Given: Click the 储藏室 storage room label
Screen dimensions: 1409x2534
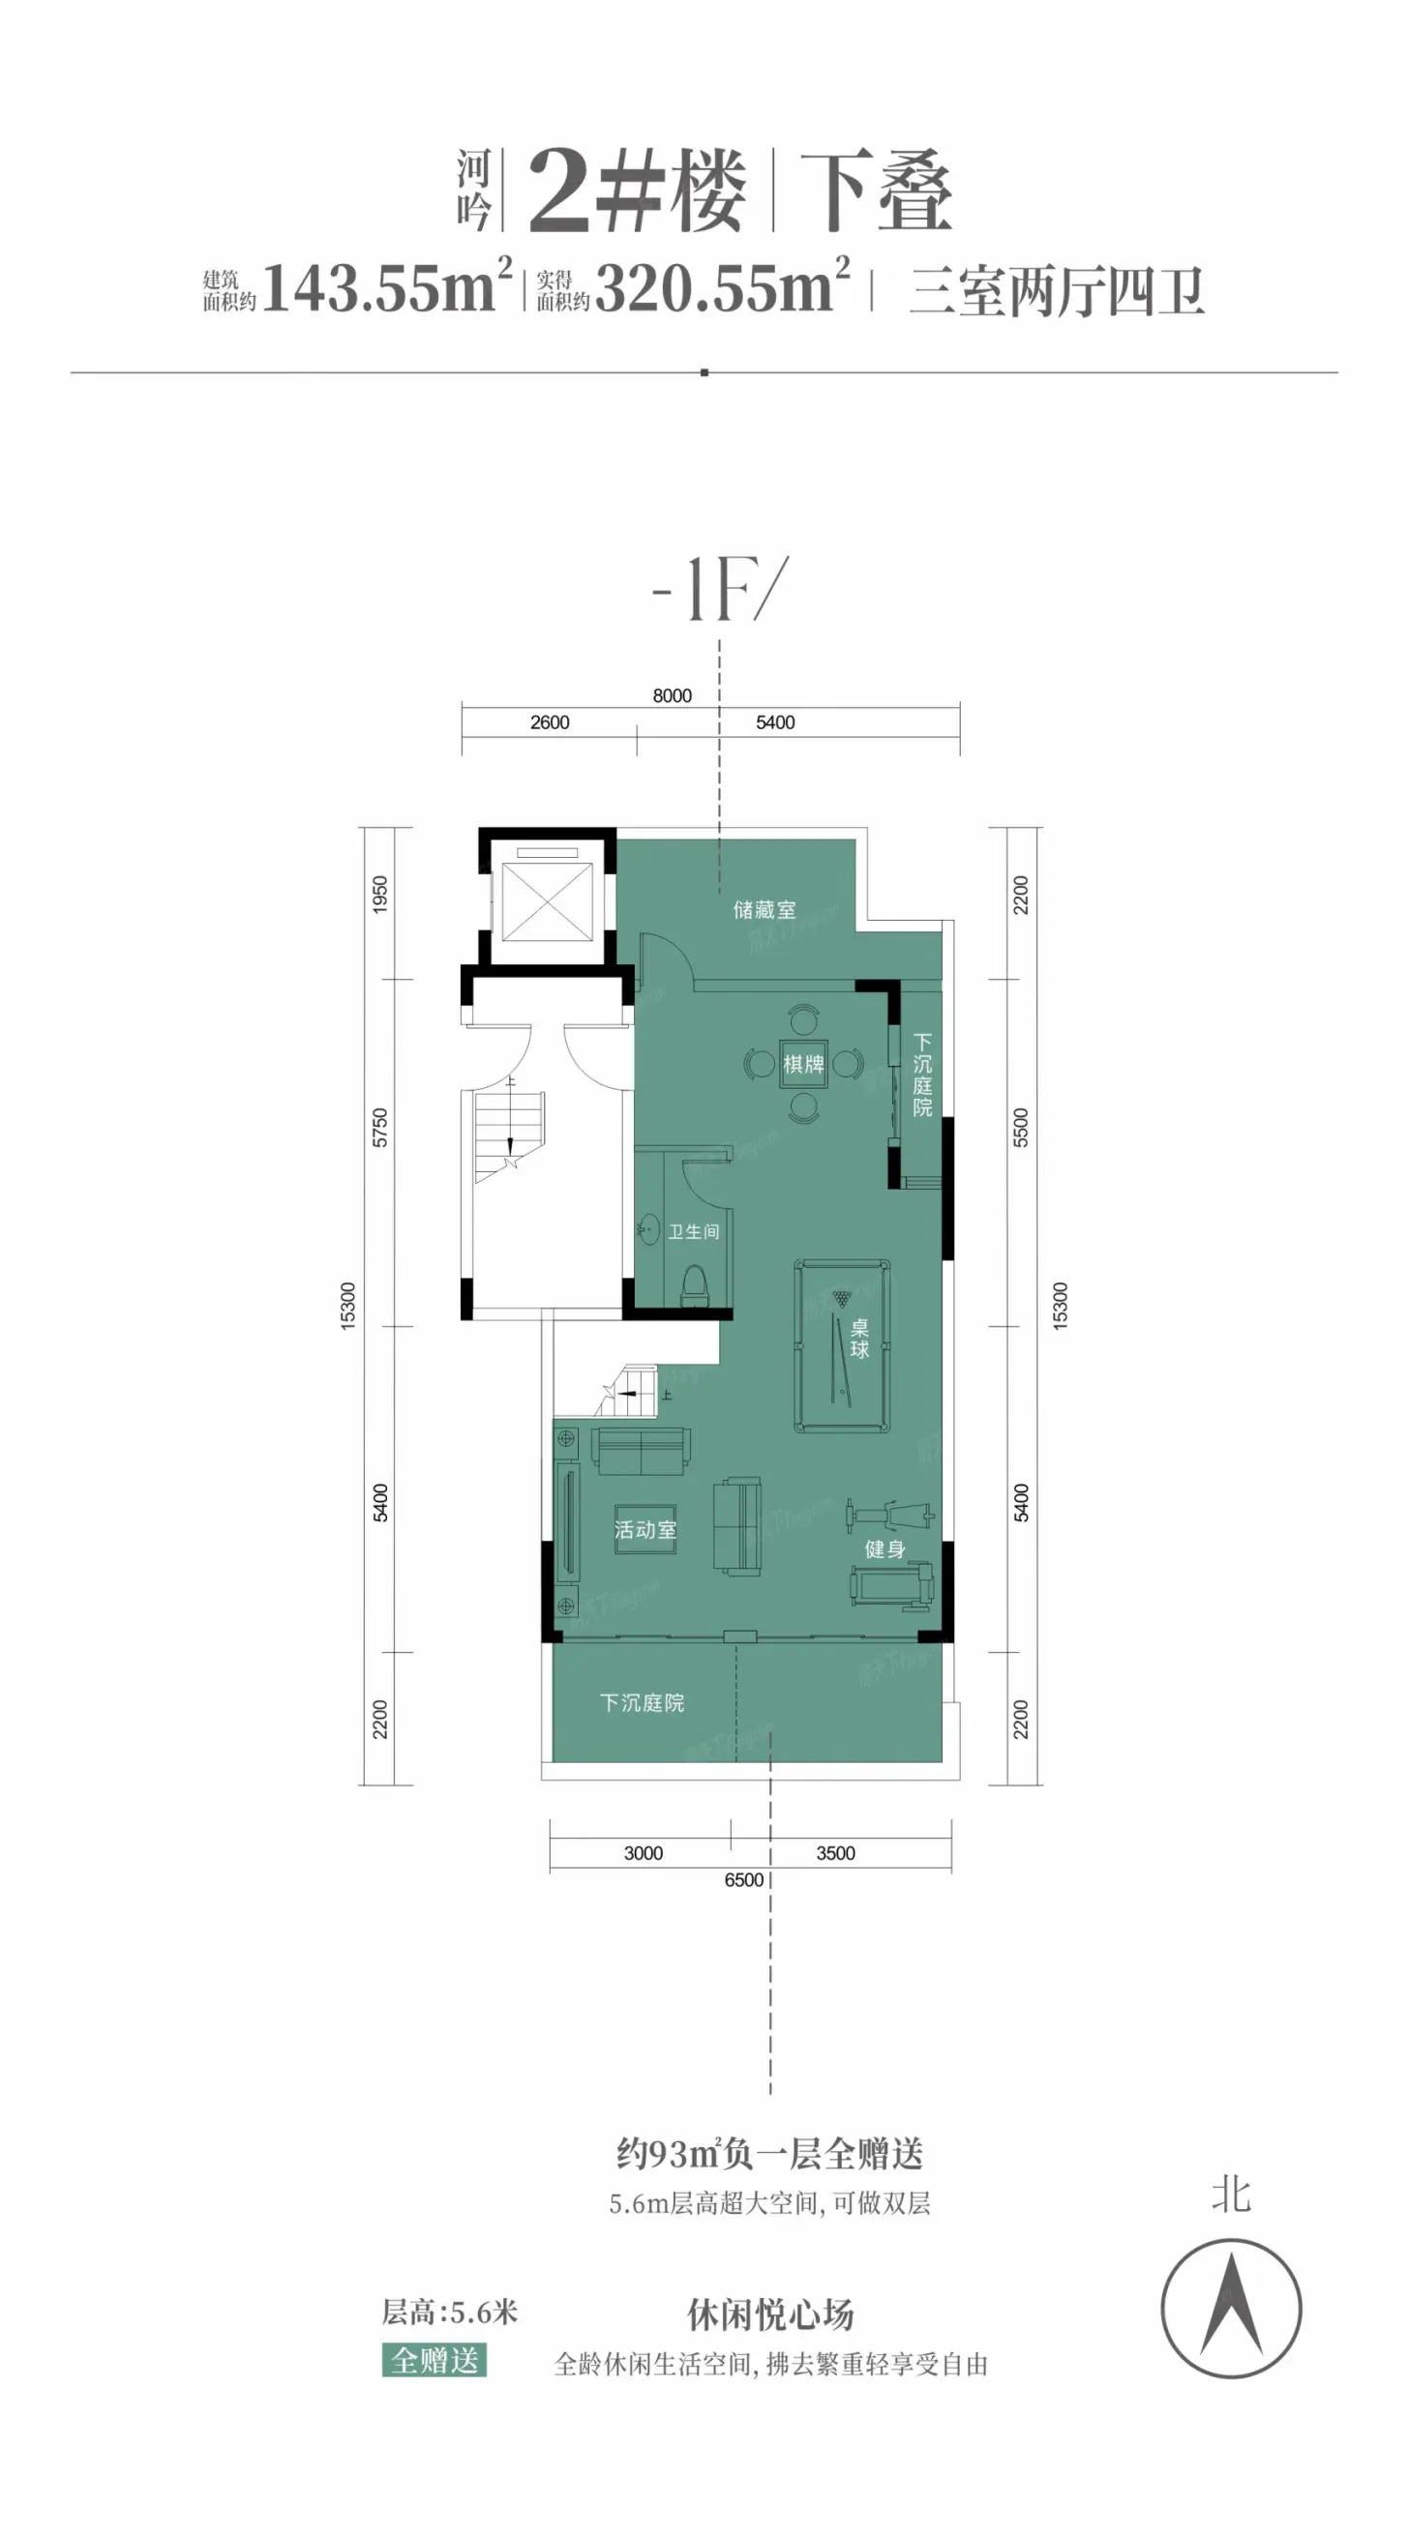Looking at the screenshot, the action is click(764, 910).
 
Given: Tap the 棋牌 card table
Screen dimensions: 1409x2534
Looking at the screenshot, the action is click(803, 1063).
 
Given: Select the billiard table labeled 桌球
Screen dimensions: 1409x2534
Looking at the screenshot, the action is click(842, 1345).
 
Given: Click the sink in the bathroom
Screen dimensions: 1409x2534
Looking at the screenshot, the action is click(649, 1228).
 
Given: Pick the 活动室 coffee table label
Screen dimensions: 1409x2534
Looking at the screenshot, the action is click(645, 1530).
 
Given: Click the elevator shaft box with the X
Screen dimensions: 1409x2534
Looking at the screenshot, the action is click(547, 901).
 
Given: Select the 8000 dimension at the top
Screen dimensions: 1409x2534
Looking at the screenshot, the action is click(672, 695).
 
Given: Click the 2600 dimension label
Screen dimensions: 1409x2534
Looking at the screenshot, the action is click(550, 722).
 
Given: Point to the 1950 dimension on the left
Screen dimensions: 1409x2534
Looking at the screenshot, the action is click(380, 895).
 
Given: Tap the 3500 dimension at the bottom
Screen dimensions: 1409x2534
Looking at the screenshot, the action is click(835, 1853).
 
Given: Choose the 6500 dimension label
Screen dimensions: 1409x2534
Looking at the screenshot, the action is click(744, 1880).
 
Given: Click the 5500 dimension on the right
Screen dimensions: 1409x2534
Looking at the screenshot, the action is click(1021, 1128).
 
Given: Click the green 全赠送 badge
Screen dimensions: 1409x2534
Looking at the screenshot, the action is click(434, 2360).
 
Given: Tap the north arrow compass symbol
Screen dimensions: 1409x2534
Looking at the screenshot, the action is click(1231, 2309).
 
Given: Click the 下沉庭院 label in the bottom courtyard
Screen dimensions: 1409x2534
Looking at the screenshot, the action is click(642, 1703).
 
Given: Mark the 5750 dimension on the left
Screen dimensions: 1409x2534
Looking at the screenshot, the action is click(380, 1128).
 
